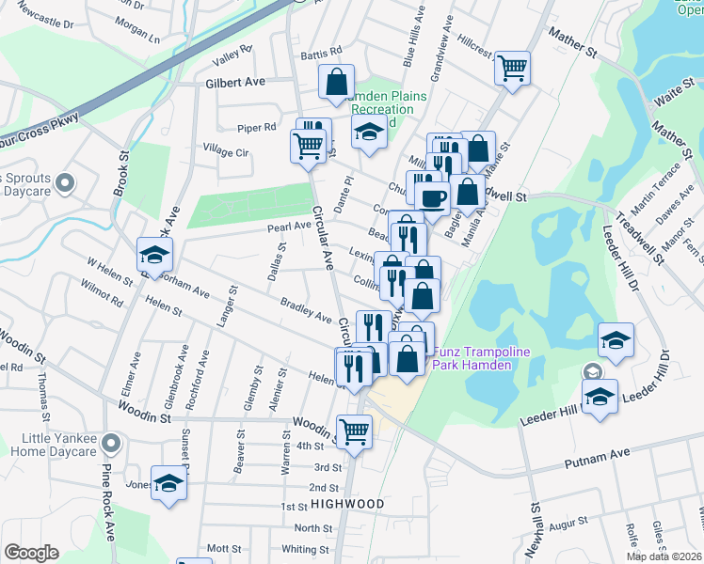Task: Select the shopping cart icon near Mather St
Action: point(512,67)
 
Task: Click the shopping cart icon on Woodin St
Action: point(354,431)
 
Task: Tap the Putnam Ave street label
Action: point(597,459)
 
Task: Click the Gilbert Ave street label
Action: point(235,83)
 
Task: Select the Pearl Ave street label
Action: point(289,227)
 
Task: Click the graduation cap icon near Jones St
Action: point(168,483)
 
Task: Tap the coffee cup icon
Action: point(432,198)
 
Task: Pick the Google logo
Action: point(31,552)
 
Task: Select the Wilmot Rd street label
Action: point(104,300)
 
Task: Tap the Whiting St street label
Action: point(304,549)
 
